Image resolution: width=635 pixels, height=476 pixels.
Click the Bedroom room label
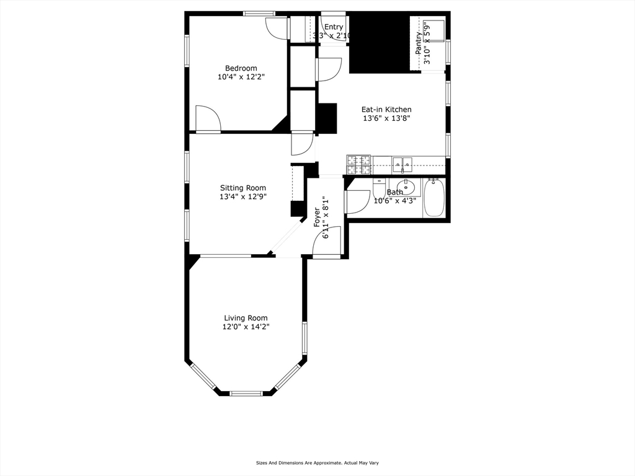pyautogui.click(x=241, y=68)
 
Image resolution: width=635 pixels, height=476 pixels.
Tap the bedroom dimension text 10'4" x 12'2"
pyautogui.click(x=241, y=77)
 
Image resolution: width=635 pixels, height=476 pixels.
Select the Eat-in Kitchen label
pyautogui.click(x=386, y=109)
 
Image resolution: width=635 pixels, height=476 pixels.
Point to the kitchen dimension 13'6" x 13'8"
pyautogui.click(x=386, y=118)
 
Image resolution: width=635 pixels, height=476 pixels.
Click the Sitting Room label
pyautogui.click(x=243, y=188)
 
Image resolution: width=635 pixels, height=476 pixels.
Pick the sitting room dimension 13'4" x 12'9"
pyautogui.click(x=243, y=198)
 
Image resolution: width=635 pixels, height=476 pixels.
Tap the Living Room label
pyautogui.click(x=246, y=318)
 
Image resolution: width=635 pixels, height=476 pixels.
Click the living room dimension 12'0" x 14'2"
pyautogui.click(x=246, y=327)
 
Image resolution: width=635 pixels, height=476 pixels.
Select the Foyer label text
pyautogui.click(x=317, y=218)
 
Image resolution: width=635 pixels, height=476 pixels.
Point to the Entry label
pyautogui.click(x=334, y=27)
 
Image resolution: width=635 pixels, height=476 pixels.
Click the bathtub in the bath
pyautogui.click(x=434, y=197)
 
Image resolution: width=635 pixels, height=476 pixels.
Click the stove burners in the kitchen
pyautogui.click(x=358, y=164)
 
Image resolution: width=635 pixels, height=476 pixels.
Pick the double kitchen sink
pyautogui.click(x=402, y=164)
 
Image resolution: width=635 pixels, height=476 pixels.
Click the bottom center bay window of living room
pyautogui.click(x=246, y=393)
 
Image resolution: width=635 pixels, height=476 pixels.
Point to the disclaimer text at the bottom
pyautogui.click(x=317, y=462)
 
